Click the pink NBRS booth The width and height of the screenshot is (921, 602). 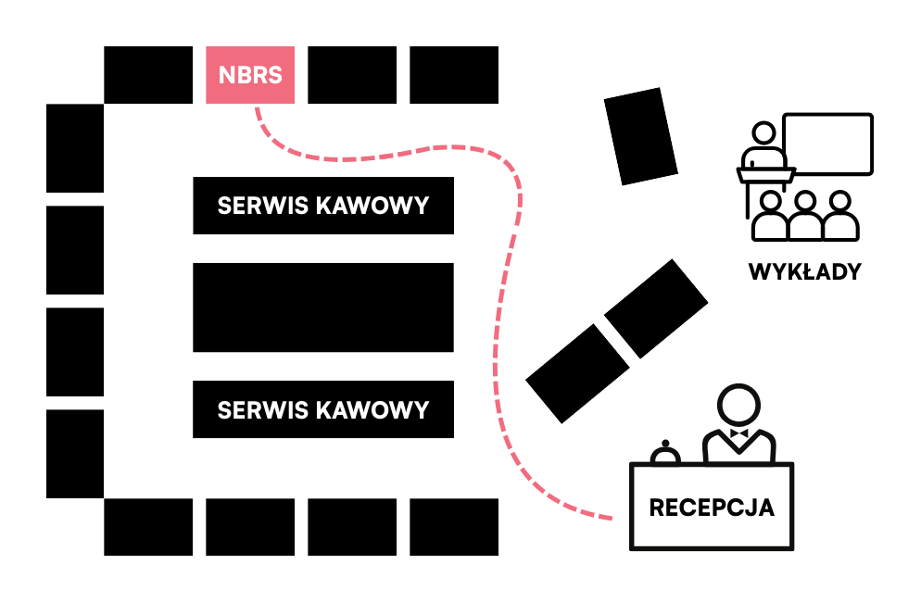(x=250, y=75)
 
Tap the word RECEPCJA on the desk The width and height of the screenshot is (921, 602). (x=712, y=508)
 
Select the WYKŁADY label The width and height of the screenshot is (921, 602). (x=804, y=272)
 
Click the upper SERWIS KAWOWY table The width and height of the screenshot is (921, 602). (x=323, y=206)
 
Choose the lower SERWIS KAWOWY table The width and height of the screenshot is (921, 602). (x=323, y=409)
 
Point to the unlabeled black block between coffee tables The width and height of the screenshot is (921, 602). (x=323, y=307)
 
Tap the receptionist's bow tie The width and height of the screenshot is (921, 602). (x=738, y=433)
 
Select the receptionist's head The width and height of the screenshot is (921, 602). (x=738, y=406)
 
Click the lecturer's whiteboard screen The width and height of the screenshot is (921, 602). (x=827, y=143)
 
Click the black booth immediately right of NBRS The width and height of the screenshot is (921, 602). (x=352, y=75)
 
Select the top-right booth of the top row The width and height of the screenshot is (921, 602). (x=454, y=75)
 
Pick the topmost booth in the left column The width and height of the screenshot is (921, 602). (x=75, y=148)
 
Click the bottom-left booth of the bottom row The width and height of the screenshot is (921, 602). (x=148, y=527)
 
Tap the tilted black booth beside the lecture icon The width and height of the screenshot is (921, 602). (x=641, y=135)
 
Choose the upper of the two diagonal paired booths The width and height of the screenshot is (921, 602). (x=656, y=307)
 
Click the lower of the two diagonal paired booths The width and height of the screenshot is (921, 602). (x=578, y=373)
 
